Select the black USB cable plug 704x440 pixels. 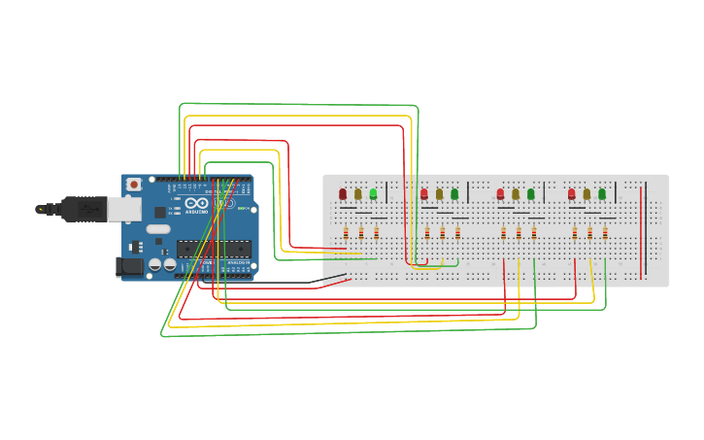[x=83, y=208]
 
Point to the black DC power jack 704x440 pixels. [x=127, y=266]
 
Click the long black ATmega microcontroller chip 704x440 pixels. [x=214, y=249]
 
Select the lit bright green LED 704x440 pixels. [x=373, y=194]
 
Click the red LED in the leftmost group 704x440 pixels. [x=343, y=194]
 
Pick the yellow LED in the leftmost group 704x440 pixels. [x=358, y=194]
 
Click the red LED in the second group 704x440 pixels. [x=424, y=194]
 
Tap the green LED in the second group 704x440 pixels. [x=454, y=194]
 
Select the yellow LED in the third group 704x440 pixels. [x=516, y=194]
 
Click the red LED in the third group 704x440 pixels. [x=500, y=194]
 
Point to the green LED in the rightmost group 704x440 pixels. [x=602, y=194]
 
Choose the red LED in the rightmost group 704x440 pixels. [x=572, y=194]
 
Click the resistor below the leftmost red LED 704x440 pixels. [x=346, y=232]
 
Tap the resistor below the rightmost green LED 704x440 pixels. [x=605, y=232]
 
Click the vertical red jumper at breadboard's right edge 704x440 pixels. [x=641, y=233]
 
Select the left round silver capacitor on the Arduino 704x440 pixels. [x=155, y=264]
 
